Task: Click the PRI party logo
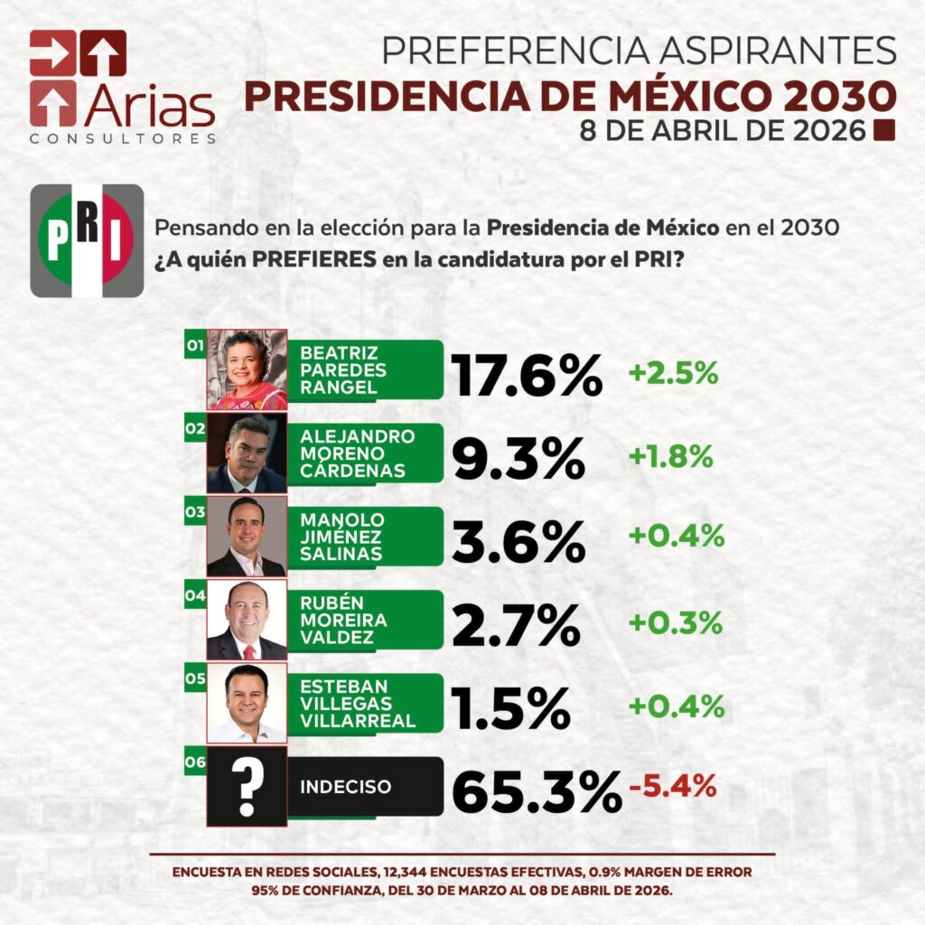click(x=87, y=240)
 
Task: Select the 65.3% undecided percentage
click(x=536, y=791)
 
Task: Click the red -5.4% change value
click(x=673, y=786)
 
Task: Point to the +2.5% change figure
click(x=674, y=373)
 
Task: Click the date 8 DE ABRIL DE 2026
click(x=723, y=131)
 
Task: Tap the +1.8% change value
click(x=671, y=456)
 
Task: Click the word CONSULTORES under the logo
click(x=123, y=139)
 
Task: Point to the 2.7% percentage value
click(x=516, y=624)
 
